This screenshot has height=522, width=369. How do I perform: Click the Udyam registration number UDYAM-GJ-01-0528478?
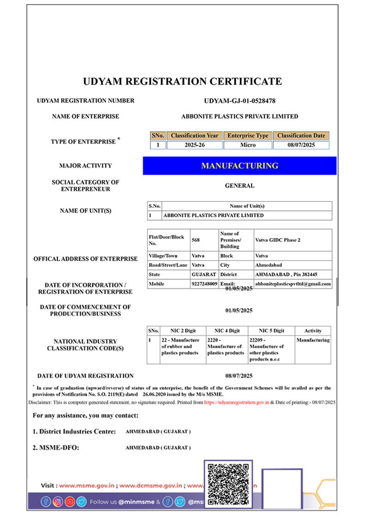(x=239, y=101)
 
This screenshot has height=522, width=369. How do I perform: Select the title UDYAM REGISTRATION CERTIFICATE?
(x=182, y=82)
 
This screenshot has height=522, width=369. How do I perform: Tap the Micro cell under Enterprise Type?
(x=248, y=145)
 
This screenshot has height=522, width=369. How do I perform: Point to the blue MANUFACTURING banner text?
(x=239, y=165)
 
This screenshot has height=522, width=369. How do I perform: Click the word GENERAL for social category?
(x=239, y=186)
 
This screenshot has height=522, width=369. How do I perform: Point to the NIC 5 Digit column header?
(x=271, y=331)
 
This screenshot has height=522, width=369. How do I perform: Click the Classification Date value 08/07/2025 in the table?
(x=301, y=145)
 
